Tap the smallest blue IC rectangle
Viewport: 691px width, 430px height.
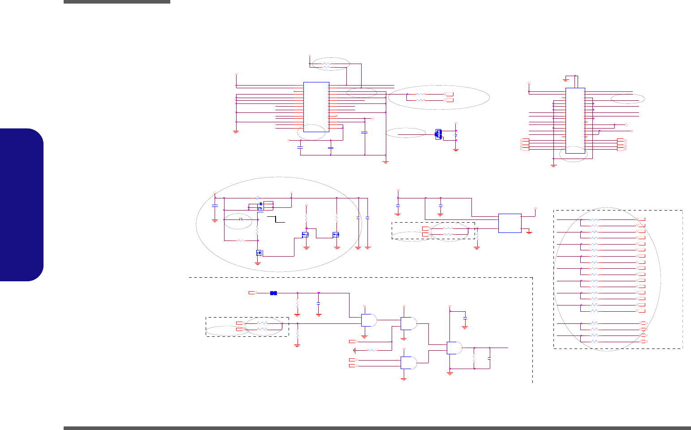point(510,223)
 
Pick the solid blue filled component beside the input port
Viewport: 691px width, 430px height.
point(273,293)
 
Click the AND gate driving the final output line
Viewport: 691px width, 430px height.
point(455,348)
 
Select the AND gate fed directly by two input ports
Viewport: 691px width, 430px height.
point(408,363)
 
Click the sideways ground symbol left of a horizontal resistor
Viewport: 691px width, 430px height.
point(354,350)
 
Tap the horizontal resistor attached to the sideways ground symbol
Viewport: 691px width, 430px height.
point(373,350)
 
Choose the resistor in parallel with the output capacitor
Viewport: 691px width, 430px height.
point(475,358)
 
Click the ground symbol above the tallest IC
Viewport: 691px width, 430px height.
point(566,80)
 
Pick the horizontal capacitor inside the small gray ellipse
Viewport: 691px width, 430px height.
point(241,219)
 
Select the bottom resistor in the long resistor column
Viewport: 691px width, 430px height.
point(594,342)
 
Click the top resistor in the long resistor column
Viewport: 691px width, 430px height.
point(594,220)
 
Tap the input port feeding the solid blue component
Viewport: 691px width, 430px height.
point(252,293)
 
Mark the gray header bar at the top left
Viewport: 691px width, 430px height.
point(117,2)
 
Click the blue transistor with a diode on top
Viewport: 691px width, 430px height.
point(261,206)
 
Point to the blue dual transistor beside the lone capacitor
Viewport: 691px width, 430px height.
point(438,134)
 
